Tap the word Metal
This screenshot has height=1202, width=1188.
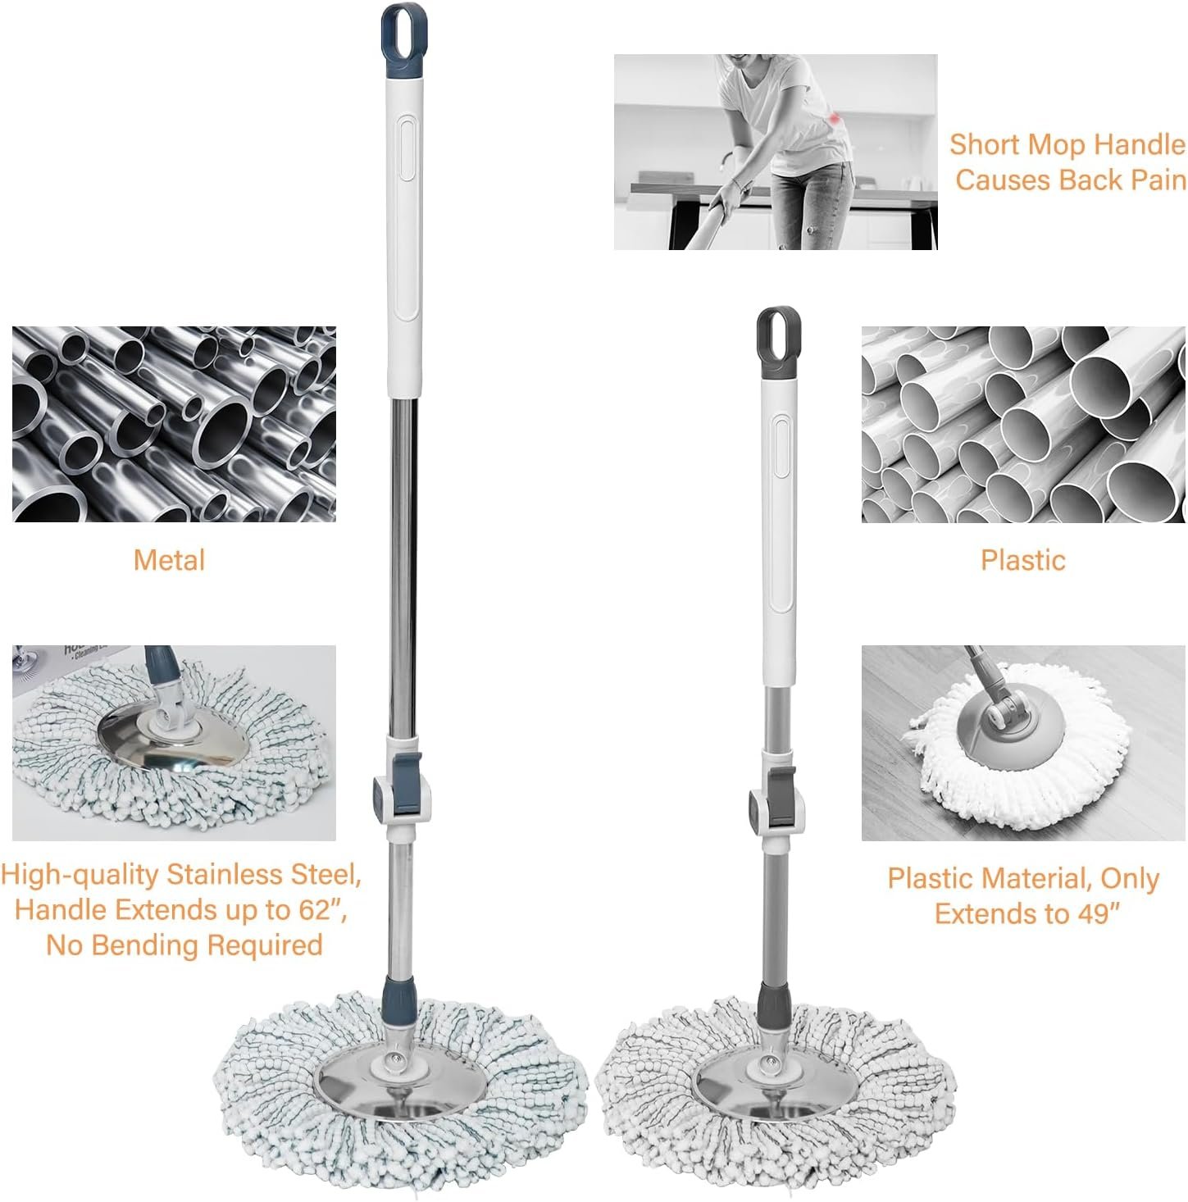tap(169, 560)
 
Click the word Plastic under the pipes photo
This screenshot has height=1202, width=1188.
tap(1022, 560)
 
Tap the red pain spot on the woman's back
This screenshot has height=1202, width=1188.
tap(835, 121)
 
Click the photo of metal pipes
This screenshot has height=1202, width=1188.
tap(174, 424)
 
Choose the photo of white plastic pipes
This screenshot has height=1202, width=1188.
tap(1022, 424)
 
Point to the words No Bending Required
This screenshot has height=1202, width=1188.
tap(184, 945)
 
